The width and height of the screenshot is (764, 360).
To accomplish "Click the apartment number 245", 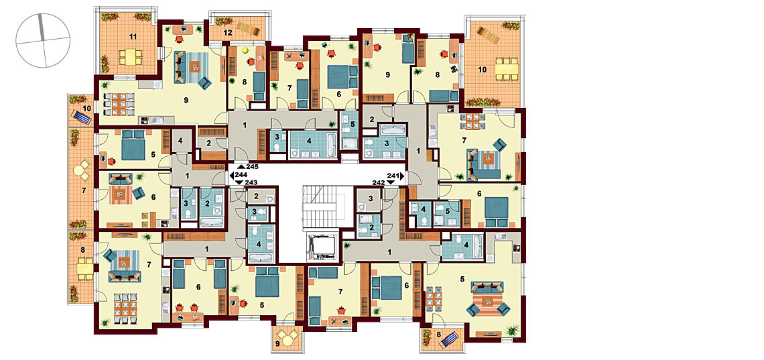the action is [x=252, y=167].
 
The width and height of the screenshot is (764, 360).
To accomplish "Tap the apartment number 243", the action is [x=252, y=182].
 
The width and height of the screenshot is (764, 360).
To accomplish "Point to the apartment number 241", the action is [x=393, y=176].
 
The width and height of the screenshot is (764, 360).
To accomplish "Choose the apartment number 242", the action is [x=379, y=182].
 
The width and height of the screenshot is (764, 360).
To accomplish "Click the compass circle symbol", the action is [x=43, y=40].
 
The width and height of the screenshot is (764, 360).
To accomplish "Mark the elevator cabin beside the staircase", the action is [x=320, y=246].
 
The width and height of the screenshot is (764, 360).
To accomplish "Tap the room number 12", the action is [x=228, y=33].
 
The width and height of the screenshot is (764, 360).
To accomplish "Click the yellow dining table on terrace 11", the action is [x=129, y=57].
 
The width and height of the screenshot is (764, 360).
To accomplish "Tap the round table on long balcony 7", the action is [x=80, y=171].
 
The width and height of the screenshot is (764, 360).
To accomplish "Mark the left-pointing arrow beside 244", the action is [x=231, y=174].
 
